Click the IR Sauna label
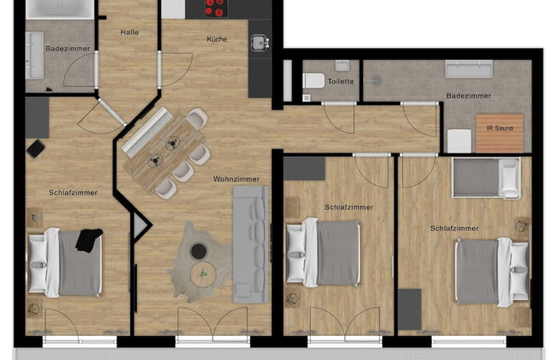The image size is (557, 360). pos(500,128)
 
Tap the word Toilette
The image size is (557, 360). pos(341,81)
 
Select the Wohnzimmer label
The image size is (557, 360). pos(237,179)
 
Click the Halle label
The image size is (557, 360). pos(129,33)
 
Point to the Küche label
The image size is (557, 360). pos(217,39)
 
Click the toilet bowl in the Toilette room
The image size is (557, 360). pos(314,81)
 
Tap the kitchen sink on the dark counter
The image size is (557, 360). pos(260,43)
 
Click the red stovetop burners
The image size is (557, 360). pos(216,8)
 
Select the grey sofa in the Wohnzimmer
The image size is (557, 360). pos(250,244)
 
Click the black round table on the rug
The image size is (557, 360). pos(199,251)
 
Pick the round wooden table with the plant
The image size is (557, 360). pos(203,274)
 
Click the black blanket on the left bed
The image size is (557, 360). pos(89,240)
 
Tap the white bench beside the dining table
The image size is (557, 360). pos(145,132)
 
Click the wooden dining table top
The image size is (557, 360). pos(165,153)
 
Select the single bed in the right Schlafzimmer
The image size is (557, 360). pos(486,177)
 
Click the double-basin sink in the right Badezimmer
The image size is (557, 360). pos(469,69)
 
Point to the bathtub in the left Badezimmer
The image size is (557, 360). pos(60,9)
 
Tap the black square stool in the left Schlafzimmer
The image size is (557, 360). pos(36,149)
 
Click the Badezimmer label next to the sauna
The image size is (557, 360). pos(469,96)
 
